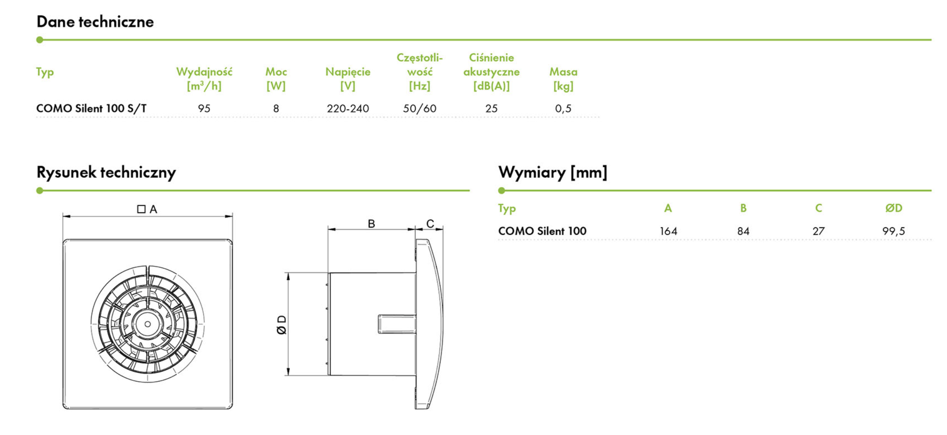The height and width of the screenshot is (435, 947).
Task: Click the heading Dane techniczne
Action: point(95,22)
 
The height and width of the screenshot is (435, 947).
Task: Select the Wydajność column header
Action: point(204,78)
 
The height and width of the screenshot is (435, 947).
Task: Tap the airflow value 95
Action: point(204,108)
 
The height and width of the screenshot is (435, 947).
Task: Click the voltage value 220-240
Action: point(348,108)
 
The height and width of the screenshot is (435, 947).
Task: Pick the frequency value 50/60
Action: point(420,108)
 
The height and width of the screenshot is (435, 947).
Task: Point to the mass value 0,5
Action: point(563,108)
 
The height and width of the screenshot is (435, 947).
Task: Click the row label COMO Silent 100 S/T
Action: point(92,108)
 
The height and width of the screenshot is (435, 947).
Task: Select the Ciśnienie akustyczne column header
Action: point(491,72)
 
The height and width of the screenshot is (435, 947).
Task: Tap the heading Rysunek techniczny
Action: point(106,172)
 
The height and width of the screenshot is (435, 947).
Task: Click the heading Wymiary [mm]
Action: point(552,172)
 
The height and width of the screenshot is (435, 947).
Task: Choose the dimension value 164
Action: point(668,231)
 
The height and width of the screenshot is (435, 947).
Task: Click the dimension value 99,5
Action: point(894,231)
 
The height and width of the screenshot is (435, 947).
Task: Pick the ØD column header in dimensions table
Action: point(894,208)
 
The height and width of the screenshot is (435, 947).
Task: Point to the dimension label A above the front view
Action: point(153,209)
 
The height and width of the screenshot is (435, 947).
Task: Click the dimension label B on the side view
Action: point(371,224)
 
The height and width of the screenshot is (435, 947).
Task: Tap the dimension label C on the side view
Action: point(430,224)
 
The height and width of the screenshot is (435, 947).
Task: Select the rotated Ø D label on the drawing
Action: point(282,325)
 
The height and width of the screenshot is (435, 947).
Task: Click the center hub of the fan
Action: point(147,324)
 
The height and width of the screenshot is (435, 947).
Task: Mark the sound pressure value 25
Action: point(491,108)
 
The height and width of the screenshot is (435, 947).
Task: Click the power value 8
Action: point(276,108)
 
